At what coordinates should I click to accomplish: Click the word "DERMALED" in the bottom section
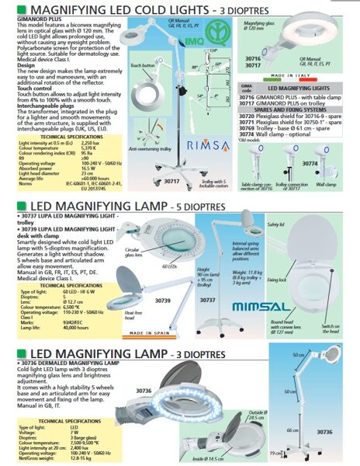62,364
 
